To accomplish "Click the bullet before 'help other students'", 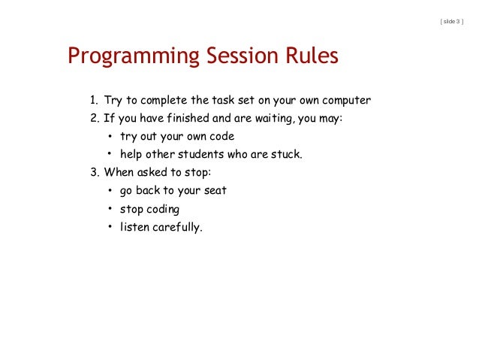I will pos(109,155).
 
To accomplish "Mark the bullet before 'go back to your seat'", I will pos(109,191).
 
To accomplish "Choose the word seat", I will pos(214,191).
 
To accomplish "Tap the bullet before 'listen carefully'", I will pos(109,227).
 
